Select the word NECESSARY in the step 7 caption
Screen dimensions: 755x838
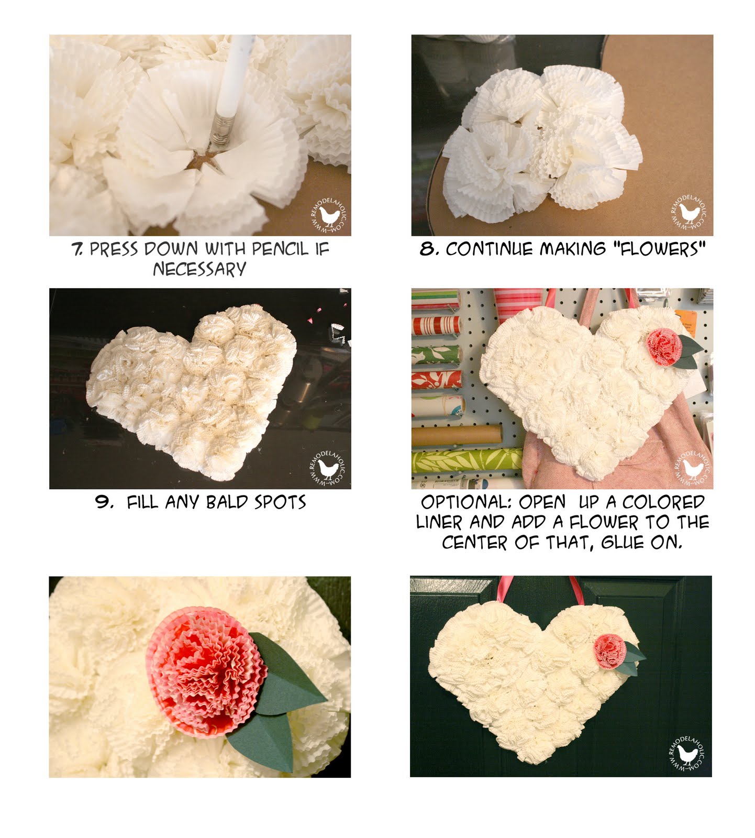point(199,269)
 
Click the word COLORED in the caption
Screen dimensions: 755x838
point(663,502)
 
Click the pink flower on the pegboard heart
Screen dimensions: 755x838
point(664,347)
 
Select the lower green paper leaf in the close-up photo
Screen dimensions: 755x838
point(262,741)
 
